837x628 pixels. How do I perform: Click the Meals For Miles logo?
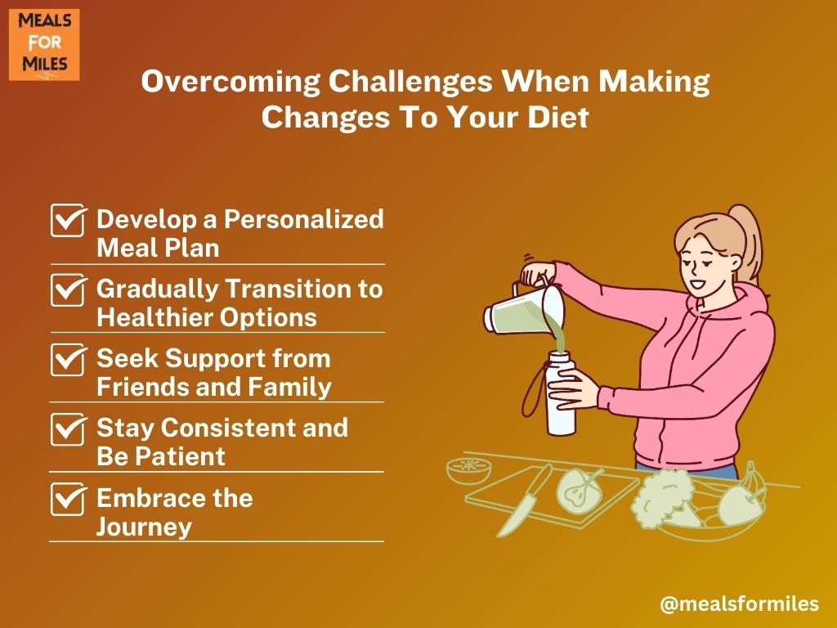pyautogui.click(x=44, y=45)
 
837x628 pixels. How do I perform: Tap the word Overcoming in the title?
pyautogui.click(x=230, y=83)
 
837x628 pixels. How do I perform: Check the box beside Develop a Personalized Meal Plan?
pyautogui.click(x=69, y=220)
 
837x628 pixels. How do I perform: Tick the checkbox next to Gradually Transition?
pyautogui.click(x=69, y=290)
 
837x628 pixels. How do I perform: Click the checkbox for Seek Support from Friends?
pyautogui.click(x=69, y=360)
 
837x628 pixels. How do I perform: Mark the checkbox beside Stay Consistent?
pyautogui.click(x=69, y=429)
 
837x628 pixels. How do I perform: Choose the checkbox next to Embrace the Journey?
pyautogui.click(x=69, y=499)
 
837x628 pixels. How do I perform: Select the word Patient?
pyautogui.click(x=180, y=457)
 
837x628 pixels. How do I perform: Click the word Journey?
pyautogui.click(x=144, y=527)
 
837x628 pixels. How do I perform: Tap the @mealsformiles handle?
pyautogui.click(x=739, y=604)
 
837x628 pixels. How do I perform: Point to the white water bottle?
pyautogui.click(x=560, y=392)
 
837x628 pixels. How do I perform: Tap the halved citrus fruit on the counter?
pyautogui.click(x=468, y=470)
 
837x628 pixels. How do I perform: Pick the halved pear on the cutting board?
pyautogui.click(x=580, y=489)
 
